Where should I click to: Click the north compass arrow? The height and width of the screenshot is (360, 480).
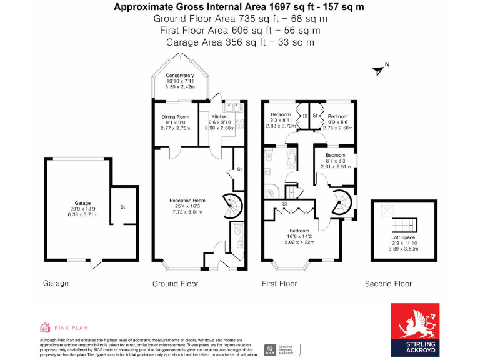coord(378,70)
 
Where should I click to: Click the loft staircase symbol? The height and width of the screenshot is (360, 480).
coord(402,224)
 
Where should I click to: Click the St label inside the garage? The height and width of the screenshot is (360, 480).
coord(123,207)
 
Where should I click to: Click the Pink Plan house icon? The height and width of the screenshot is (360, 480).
coord(45,327)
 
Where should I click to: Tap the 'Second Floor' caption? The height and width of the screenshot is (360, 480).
coord(388,284)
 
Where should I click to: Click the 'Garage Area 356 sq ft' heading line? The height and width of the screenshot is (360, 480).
coord(239,42)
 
